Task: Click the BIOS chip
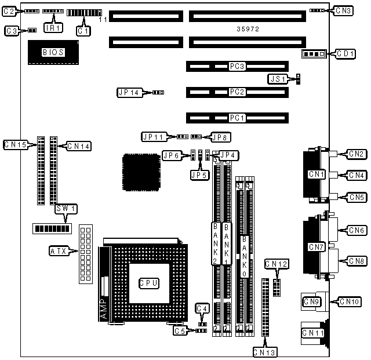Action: click(x=53, y=52)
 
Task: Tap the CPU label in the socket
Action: click(x=148, y=283)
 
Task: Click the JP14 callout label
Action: click(x=129, y=92)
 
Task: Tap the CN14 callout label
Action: click(x=78, y=146)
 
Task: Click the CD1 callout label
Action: click(x=345, y=54)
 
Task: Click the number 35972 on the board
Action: click(x=248, y=28)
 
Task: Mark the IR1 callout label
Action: click(x=53, y=27)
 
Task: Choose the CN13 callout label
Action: click(x=264, y=351)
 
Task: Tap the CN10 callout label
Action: click(x=350, y=301)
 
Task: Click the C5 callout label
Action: click(x=181, y=330)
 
